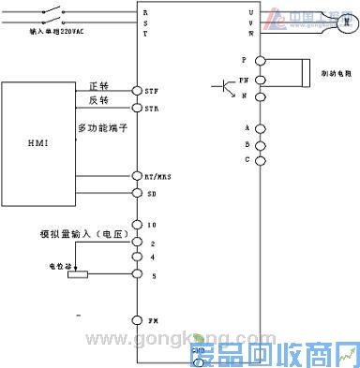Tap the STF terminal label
pos(151,90)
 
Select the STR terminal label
pos(151,109)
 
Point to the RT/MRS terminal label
pos(156,175)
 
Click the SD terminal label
pos(150,193)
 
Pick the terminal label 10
pos(150,226)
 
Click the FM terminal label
pos(151,319)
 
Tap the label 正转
pos(99,84)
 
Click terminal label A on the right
pos(247,127)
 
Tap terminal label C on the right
pos(247,159)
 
